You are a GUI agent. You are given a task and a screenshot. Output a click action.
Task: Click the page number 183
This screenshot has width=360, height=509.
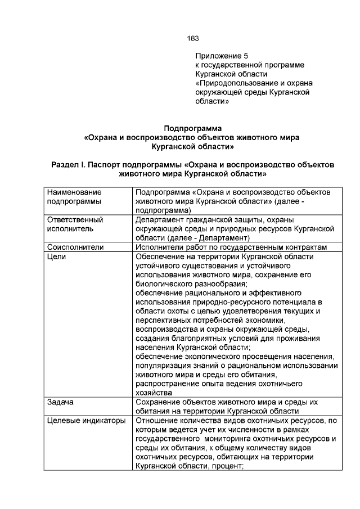click(x=192, y=38)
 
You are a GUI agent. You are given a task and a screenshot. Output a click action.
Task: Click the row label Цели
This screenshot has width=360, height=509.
click(x=56, y=256)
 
